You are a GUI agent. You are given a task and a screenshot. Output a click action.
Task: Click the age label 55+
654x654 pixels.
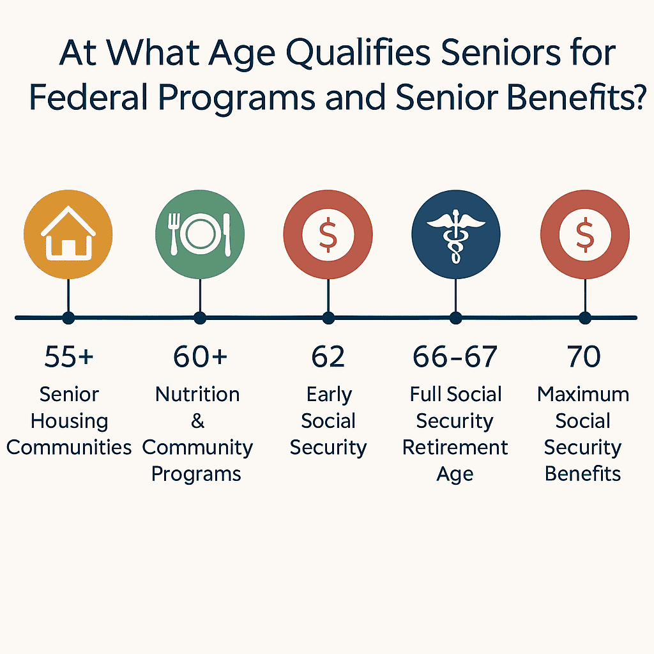tap(68, 356)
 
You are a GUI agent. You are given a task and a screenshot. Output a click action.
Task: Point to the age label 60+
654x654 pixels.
tap(200, 356)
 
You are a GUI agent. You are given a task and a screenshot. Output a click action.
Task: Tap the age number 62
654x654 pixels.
tap(328, 356)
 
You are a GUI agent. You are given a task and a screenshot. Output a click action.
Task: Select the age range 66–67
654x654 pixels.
tap(455, 356)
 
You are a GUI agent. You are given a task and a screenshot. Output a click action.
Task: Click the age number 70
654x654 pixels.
tap(584, 356)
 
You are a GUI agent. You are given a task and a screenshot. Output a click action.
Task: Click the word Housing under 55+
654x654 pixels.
tap(69, 422)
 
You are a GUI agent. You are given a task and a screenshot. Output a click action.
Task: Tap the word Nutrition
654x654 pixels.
tap(197, 394)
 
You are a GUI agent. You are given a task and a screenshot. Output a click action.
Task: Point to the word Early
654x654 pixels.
tap(328, 394)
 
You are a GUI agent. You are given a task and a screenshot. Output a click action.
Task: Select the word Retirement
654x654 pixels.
tap(455, 447)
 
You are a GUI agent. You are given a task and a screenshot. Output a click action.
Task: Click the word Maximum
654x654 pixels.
tap(583, 394)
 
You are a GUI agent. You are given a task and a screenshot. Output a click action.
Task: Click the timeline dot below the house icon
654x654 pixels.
tap(68, 317)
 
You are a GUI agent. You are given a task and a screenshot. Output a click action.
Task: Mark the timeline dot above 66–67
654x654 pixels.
tap(455, 317)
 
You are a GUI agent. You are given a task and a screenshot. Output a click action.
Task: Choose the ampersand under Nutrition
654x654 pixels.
tap(197, 421)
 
